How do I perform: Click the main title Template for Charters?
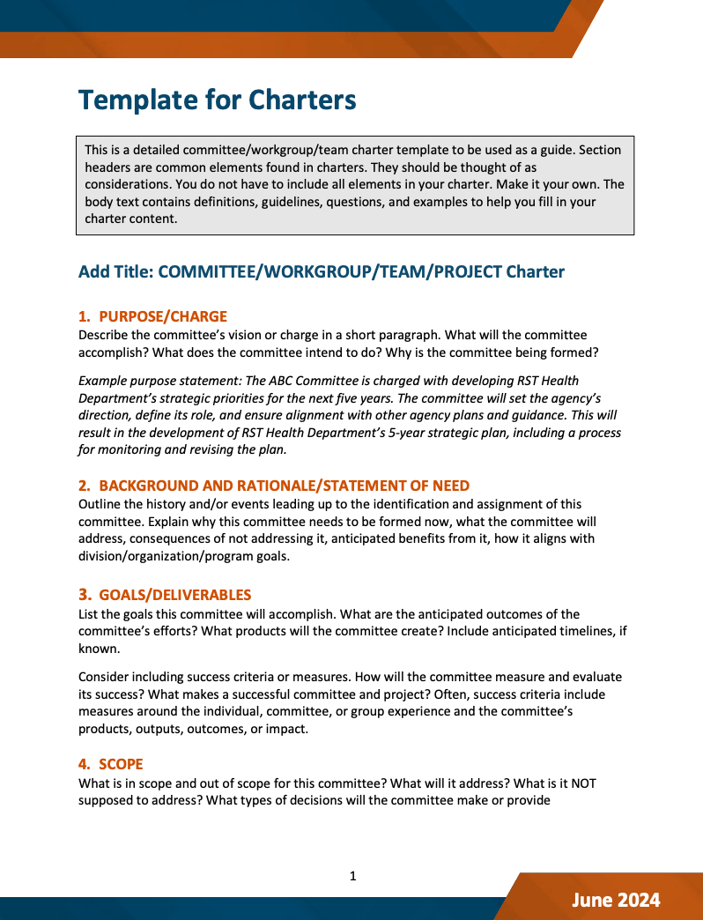(217, 100)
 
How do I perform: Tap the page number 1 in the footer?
(352, 876)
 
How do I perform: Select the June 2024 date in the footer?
(615, 900)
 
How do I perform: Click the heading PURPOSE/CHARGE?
(163, 316)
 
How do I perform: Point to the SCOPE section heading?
(121, 764)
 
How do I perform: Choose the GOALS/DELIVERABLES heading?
(175, 595)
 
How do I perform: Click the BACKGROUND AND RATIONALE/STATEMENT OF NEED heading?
(285, 486)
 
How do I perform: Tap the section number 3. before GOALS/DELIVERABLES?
(85, 595)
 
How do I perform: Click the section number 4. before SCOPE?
(85, 764)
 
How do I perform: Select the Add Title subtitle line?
(321, 271)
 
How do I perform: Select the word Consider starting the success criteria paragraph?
(106, 677)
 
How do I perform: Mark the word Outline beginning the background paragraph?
(100, 504)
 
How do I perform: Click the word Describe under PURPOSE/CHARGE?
(105, 335)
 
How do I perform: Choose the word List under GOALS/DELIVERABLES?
(90, 613)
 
